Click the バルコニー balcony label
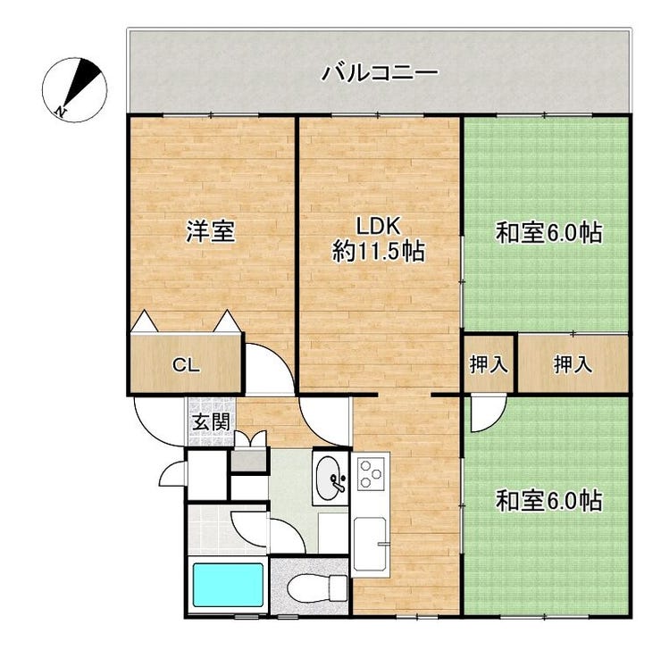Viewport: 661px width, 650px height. click(x=380, y=73)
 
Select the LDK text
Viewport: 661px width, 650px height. click(x=378, y=226)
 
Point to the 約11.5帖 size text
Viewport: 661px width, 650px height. click(x=378, y=252)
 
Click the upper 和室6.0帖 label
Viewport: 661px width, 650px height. click(x=548, y=232)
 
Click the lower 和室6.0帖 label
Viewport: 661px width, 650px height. click(x=548, y=501)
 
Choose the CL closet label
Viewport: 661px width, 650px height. click(x=186, y=365)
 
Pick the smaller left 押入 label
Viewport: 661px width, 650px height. click(x=489, y=364)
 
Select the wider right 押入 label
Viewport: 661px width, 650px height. click(x=573, y=364)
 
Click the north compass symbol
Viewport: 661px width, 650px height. click(x=75, y=89)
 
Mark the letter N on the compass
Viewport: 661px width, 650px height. click(x=61, y=112)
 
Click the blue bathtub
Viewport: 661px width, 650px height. click(x=228, y=585)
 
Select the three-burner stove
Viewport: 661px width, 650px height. click(x=371, y=474)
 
